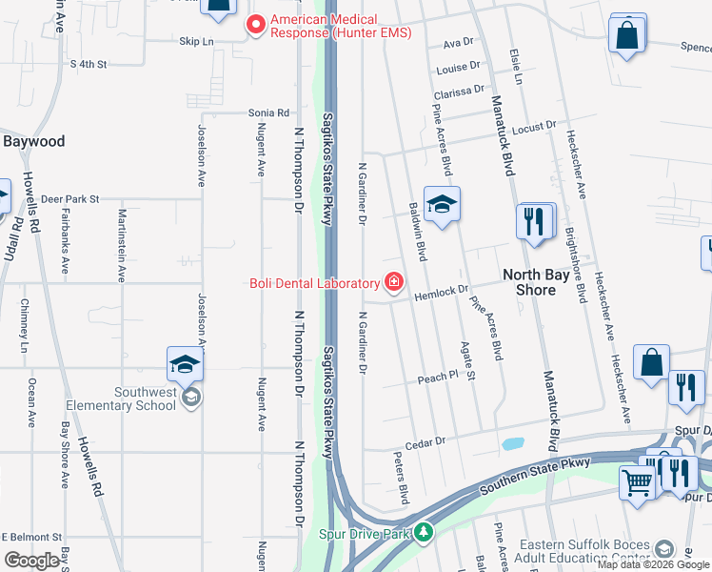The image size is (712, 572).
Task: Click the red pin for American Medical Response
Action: (255, 25)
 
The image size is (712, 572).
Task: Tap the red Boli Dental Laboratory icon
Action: (392, 282)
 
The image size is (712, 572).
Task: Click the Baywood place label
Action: (33, 141)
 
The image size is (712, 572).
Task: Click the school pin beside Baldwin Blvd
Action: (442, 205)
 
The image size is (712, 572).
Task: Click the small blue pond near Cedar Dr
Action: (512, 443)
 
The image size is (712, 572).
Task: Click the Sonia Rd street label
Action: (268, 112)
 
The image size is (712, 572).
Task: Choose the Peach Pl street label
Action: (438, 378)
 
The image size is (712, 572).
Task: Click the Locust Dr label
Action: (533, 127)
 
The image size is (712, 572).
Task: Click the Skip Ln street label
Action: (197, 42)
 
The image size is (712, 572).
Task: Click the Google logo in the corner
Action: (31, 561)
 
